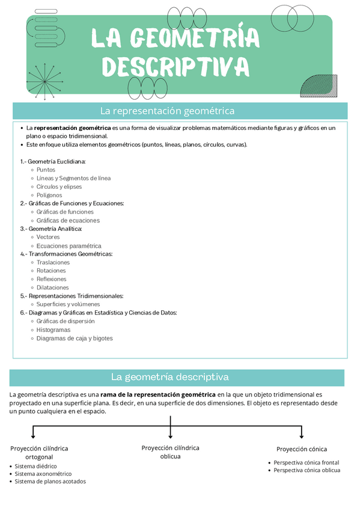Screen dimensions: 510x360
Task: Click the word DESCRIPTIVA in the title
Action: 175,67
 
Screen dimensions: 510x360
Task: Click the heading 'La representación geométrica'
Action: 167,111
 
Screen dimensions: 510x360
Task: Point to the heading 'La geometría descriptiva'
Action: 170,377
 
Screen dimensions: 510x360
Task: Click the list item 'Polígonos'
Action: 49,195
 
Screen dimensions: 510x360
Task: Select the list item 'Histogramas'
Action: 53,330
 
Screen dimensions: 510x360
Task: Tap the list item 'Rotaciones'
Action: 51,271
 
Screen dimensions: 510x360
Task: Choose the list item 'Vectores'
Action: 48,237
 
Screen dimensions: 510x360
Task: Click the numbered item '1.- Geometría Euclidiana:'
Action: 53,161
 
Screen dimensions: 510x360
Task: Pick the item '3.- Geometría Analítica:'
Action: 51,229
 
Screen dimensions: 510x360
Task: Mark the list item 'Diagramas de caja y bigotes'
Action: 75,338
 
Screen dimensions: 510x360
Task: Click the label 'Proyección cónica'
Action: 302,449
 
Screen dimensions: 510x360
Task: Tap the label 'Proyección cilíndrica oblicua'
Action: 170,452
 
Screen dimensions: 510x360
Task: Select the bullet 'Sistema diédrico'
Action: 36,466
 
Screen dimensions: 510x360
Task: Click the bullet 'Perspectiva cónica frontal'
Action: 307,462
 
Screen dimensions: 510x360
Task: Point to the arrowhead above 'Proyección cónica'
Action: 302,437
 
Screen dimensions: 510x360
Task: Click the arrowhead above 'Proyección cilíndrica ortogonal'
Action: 33,437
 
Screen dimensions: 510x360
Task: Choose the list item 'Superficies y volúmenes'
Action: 68,304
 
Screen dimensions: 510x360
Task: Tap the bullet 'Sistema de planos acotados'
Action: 50,481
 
